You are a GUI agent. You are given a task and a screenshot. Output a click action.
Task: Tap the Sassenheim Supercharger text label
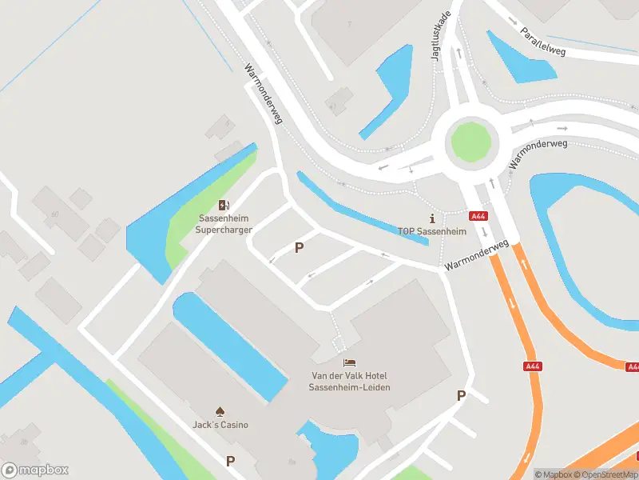click(224, 224)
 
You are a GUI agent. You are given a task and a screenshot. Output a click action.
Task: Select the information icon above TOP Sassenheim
click(432, 218)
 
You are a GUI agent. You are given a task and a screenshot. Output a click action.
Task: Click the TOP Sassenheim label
click(432, 231)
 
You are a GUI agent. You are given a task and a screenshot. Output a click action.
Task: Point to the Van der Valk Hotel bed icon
click(351, 364)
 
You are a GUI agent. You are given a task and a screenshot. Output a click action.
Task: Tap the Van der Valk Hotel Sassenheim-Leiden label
click(351, 382)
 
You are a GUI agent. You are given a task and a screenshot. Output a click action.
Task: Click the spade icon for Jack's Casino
click(220, 410)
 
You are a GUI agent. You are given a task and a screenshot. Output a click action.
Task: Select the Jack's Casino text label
click(220, 425)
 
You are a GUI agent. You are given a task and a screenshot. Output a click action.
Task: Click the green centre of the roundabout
click(470, 142)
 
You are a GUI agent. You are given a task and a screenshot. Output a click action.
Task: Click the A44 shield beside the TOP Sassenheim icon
click(478, 216)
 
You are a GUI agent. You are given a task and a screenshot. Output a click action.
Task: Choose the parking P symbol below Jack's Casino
click(231, 461)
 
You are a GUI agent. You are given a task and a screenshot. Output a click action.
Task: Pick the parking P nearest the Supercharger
click(300, 248)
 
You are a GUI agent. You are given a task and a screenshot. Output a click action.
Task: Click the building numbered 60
click(56, 213)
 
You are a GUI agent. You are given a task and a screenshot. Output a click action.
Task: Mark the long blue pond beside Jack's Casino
click(228, 344)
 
